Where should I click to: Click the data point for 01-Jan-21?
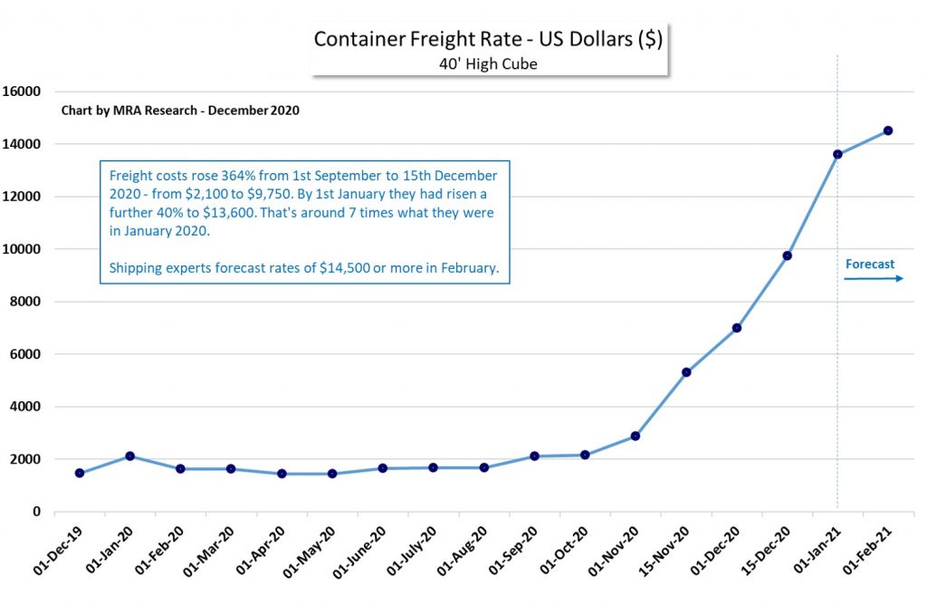[837, 154]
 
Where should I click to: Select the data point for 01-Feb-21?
[888, 130]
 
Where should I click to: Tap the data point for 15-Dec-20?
[787, 255]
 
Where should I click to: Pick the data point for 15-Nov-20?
[686, 372]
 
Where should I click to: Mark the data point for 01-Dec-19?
[80, 473]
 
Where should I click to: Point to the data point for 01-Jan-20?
[130, 456]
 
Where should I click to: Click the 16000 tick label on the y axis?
[24, 91]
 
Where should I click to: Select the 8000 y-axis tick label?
[27, 302]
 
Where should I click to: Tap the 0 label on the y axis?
[37, 512]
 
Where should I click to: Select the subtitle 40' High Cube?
[489, 64]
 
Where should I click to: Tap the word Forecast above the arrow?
[870, 265]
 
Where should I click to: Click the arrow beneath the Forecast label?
[874, 279]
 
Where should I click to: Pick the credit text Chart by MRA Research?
[180, 111]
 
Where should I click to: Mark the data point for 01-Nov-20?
[636, 436]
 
